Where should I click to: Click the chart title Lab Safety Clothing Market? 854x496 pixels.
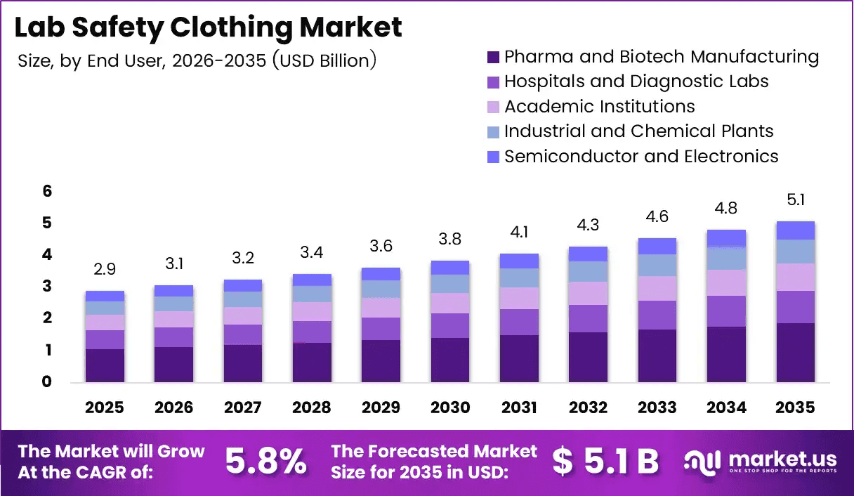(209, 27)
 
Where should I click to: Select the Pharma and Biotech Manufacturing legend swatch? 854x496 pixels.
(493, 57)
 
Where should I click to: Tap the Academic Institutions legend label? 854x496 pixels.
(600, 107)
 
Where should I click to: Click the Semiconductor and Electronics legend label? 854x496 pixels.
(641, 156)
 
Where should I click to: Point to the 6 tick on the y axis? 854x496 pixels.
(46, 191)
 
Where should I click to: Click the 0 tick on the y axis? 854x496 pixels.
(46, 382)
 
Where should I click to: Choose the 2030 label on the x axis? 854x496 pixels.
(450, 408)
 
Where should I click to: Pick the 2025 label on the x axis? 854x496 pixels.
(105, 408)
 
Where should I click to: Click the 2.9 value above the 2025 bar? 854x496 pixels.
(105, 270)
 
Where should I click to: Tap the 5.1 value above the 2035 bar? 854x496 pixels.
(796, 200)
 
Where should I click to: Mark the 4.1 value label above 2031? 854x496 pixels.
(519, 233)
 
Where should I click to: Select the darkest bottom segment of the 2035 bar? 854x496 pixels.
(796, 353)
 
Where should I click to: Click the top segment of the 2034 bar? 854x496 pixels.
(726, 238)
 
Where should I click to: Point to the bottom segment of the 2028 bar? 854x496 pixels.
(312, 363)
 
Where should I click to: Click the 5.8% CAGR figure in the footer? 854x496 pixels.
(266, 462)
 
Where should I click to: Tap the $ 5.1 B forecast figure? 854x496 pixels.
(605, 462)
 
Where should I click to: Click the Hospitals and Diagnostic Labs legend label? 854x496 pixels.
(636, 81)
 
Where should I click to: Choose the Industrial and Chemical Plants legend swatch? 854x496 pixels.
(493, 131)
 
